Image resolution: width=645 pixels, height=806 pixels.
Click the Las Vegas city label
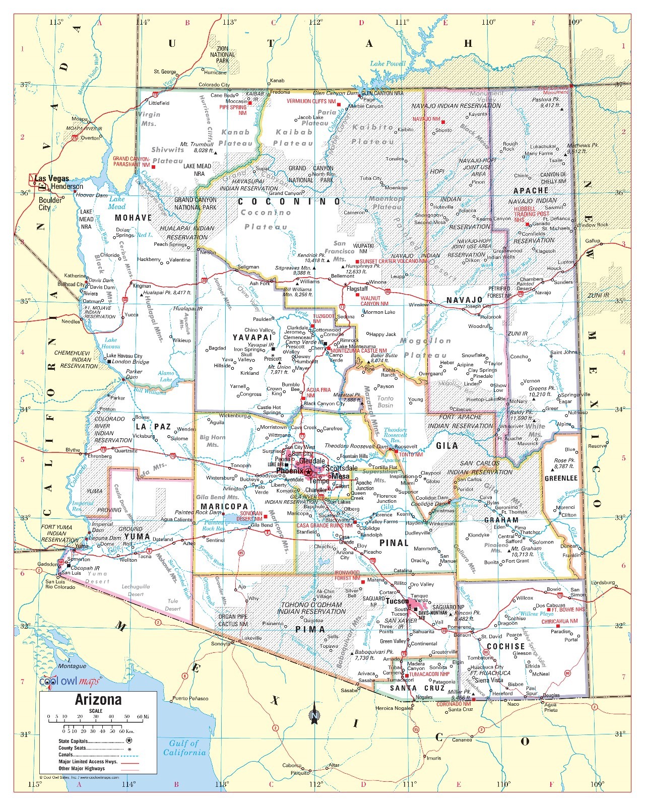click(52, 178)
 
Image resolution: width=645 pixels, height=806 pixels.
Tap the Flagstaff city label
click(358, 289)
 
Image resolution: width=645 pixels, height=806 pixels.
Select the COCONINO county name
click(289, 201)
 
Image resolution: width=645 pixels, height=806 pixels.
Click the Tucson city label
click(397, 601)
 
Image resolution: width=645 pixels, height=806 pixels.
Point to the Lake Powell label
click(388, 63)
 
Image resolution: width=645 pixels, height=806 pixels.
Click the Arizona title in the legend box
click(98, 700)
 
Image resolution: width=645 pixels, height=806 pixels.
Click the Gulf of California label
click(184, 748)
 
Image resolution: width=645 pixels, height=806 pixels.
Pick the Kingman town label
click(142, 286)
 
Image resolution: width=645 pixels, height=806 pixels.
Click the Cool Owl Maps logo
click(69, 682)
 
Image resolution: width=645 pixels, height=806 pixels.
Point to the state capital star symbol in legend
click(128, 741)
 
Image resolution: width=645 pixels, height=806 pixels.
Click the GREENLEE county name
click(561, 478)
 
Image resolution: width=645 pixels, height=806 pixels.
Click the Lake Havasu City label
click(124, 356)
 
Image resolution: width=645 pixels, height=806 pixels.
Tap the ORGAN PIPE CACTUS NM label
click(233, 620)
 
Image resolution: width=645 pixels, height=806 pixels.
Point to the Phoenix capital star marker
click(308, 471)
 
